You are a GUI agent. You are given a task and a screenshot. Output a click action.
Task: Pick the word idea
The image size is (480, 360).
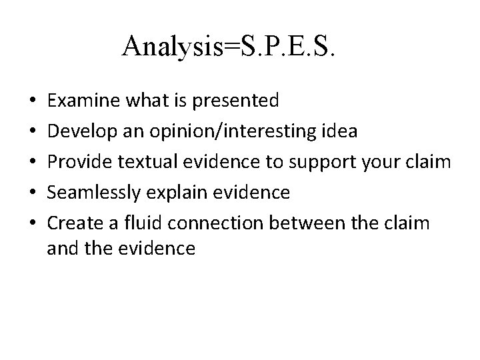pos(339,131)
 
